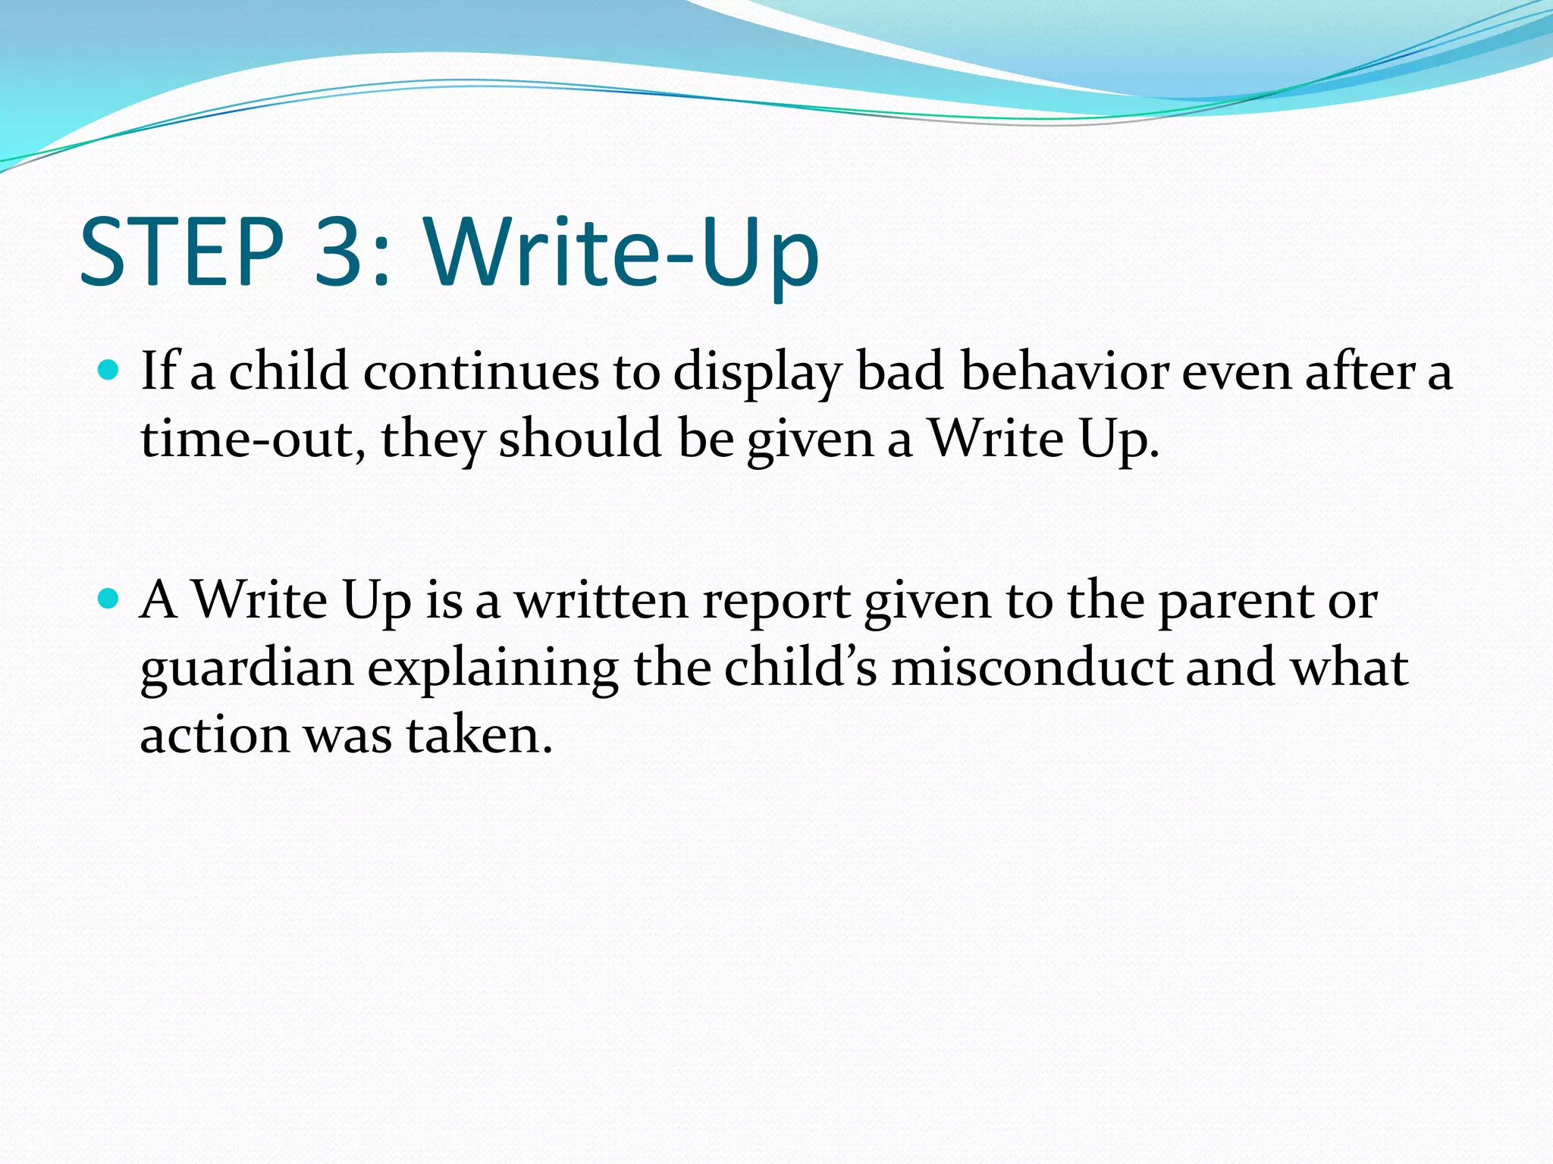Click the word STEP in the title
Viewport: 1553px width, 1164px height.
pos(181,252)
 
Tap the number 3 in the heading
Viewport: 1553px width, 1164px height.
pos(340,252)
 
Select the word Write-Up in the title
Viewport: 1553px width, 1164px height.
pos(622,252)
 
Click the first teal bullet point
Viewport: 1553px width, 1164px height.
pos(109,371)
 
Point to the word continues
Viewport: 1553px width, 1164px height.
pos(481,373)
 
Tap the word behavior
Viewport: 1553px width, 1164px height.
pos(1065,373)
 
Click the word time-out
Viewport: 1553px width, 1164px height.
pos(247,440)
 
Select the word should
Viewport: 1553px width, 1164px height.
pos(579,440)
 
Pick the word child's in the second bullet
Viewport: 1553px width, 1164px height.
pos(800,668)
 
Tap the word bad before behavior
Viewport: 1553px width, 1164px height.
pos(900,373)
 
